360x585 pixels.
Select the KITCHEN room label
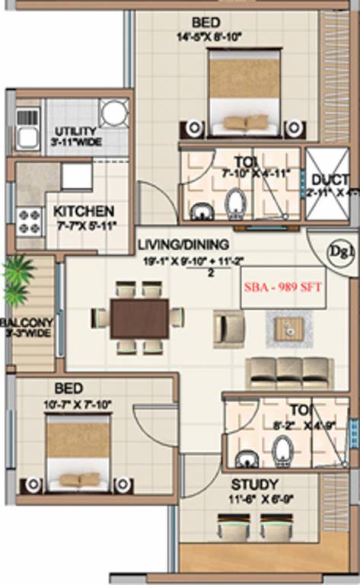(x=84, y=210)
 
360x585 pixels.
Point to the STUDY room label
(x=254, y=484)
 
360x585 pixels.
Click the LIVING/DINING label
(x=183, y=245)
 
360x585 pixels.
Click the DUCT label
(x=330, y=180)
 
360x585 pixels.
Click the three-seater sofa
(x=288, y=372)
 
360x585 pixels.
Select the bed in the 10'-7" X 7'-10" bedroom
(x=78, y=454)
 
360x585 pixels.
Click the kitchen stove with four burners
(x=29, y=222)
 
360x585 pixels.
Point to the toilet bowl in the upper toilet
(x=234, y=203)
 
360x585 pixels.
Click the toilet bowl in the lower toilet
(x=282, y=451)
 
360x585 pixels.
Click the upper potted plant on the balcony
(x=17, y=269)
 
